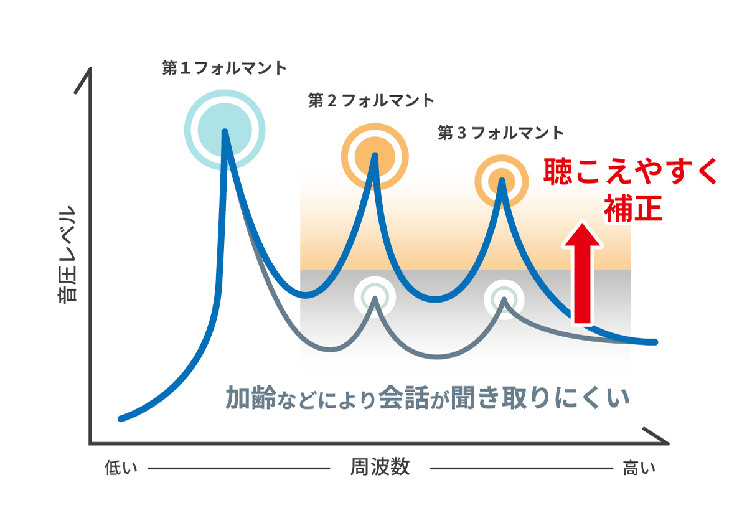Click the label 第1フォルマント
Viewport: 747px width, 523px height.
pyautogui.click(x=224, y=68)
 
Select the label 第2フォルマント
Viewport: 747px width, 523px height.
pyautogui.click(x=371, y=100)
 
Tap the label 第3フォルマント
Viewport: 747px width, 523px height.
pyautogui.click(x=500, y=133)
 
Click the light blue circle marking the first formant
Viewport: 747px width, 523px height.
pyautogui.click(x=225, y=130)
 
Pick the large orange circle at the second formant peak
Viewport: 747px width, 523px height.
pyautogui.click(x=374, y=156)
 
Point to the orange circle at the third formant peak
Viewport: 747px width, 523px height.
pyautogui.click(x=502, y=182)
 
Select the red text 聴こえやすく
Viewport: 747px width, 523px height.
pyautogui.click(x=631, y=172)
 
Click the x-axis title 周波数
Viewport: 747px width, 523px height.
pyautogui.click(x=380, y=468)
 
